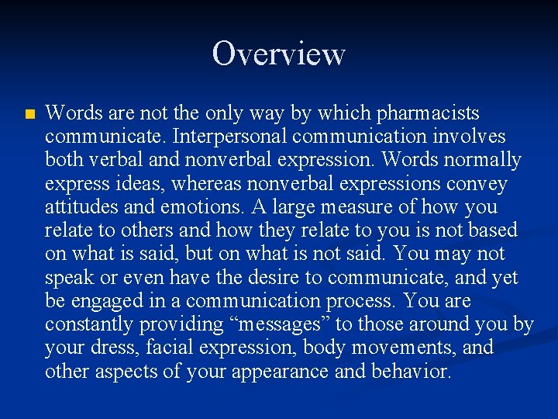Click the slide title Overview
tap(278, 54)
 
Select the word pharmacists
tap(428, 114)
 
